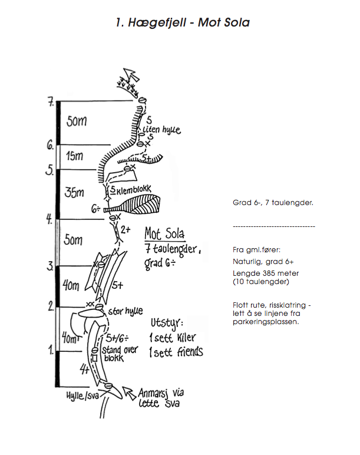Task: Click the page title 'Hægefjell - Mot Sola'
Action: coord(183,23)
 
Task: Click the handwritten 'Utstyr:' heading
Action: coord(167,323)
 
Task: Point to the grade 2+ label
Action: coord(125,230)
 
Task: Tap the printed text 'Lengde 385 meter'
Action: coord(266,273)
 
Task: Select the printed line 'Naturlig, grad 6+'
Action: coord(263,261)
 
